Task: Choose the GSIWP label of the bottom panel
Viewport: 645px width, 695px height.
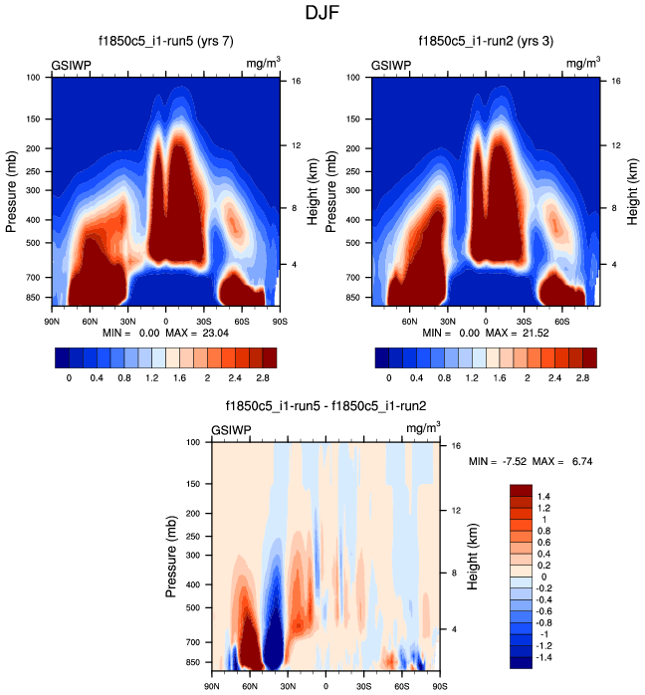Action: (231, 430)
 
